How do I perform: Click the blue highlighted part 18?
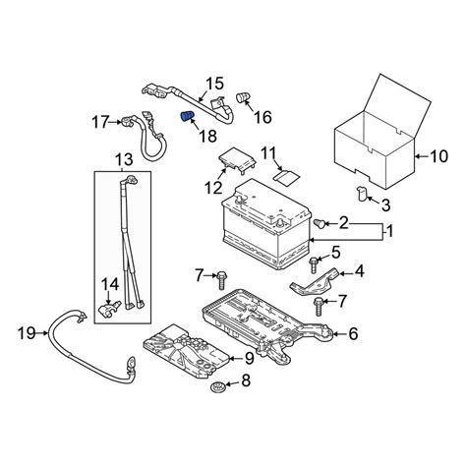188,116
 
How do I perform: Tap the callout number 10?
438,156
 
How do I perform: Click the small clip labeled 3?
361,194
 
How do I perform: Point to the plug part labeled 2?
320,224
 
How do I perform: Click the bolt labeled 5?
314,264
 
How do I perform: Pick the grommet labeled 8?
216,387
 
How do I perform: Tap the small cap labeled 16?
243,97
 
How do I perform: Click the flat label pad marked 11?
286,177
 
